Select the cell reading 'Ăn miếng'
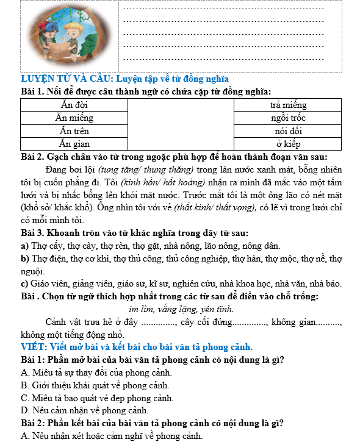pyautogui.click(x=74, y=118)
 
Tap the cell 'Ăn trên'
pyautogui.click(x=74, y=131)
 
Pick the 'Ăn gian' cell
pyautogui.click(x=74, y=144)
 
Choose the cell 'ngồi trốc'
pyautogui.click(x=287, y=118)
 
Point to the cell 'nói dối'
pyautogui.click(x=287, y=131)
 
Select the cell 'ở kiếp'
pyautogui.click(x=287, y=144)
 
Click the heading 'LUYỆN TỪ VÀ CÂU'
pyautogui.click(x=66, y=79)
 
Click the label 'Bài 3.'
pyautogui.click(x=34, y=233)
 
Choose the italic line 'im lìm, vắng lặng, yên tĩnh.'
pyautogui.click(x=181, y=309)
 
